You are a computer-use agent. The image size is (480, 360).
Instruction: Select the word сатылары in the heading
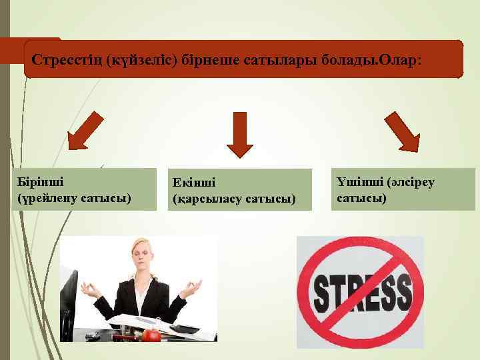(283, 60)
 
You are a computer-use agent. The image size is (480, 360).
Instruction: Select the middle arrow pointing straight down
(239, 134)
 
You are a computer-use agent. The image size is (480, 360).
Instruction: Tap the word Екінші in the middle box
(194, 183)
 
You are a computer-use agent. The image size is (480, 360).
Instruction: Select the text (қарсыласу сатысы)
(234, 199)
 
